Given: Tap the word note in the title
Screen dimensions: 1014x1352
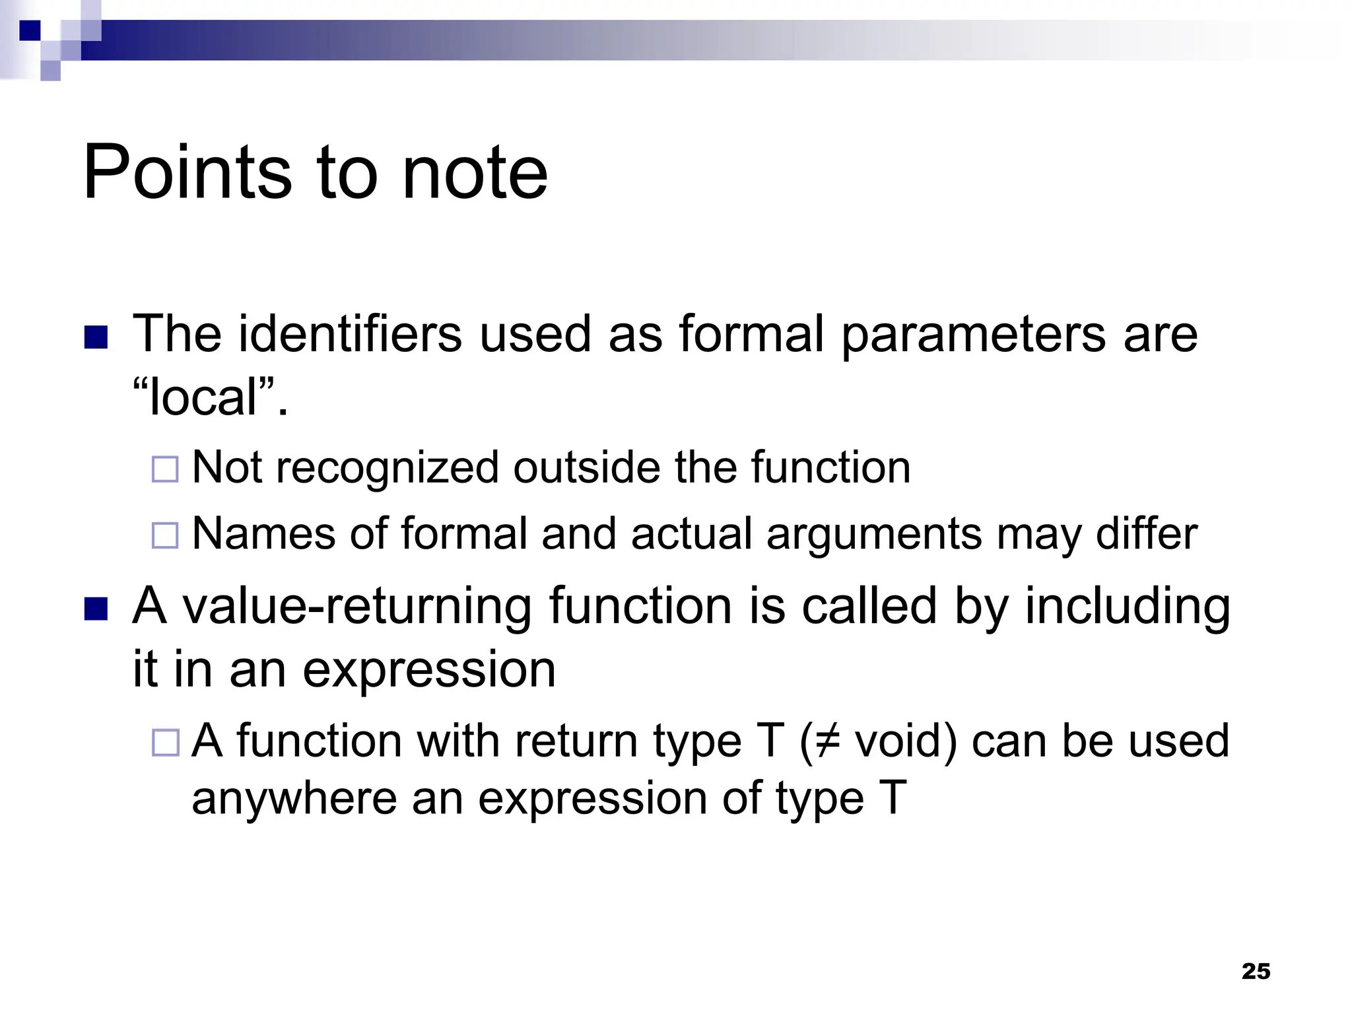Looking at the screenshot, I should pyautogui.click(x=475, y=173).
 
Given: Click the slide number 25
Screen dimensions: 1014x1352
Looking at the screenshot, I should pyautogui.click(x=1256, y=971).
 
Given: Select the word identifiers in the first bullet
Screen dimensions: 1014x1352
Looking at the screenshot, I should pyautogui.click(x=350, y=334).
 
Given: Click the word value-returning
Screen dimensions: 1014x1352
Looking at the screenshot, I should pyautogui.click(x=357, y=607).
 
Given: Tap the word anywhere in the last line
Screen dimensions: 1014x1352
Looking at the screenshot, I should pyautogui.click(x=294, y=798).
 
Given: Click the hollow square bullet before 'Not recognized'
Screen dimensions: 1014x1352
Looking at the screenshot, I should pyautogui.click(x=165, y=469).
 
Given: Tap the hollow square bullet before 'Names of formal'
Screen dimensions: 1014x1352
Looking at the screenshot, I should pyautogui.click(x=165, y=535).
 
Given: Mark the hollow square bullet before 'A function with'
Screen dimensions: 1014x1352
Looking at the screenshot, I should pyautogui.click(x=165, y=743).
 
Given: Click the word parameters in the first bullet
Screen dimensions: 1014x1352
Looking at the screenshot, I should pyautogui.click(x=973, y=334).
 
